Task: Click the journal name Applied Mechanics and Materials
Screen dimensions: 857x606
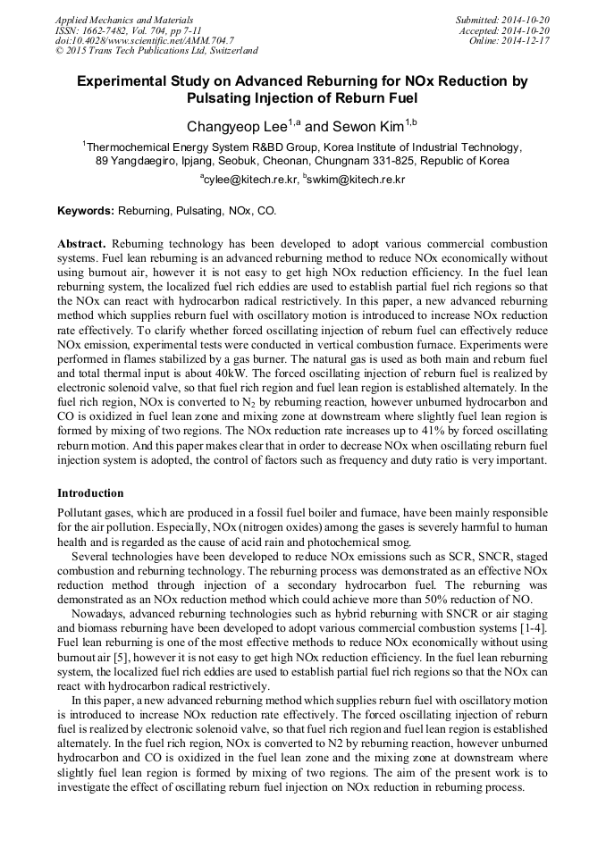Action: pyautogui.click(x=124, y=19)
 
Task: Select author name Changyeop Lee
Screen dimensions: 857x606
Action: pyautogui.click(x=236, y=127)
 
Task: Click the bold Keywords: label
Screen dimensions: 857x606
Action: pyautogui.click(x=85, y=211)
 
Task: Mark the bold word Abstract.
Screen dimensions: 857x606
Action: pyautogui.click(x=81, y=244)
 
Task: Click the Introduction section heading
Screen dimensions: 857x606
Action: pyautogui.click(x=90, y=493)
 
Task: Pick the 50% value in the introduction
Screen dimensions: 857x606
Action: pyautogui.click(x=469, y=598)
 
